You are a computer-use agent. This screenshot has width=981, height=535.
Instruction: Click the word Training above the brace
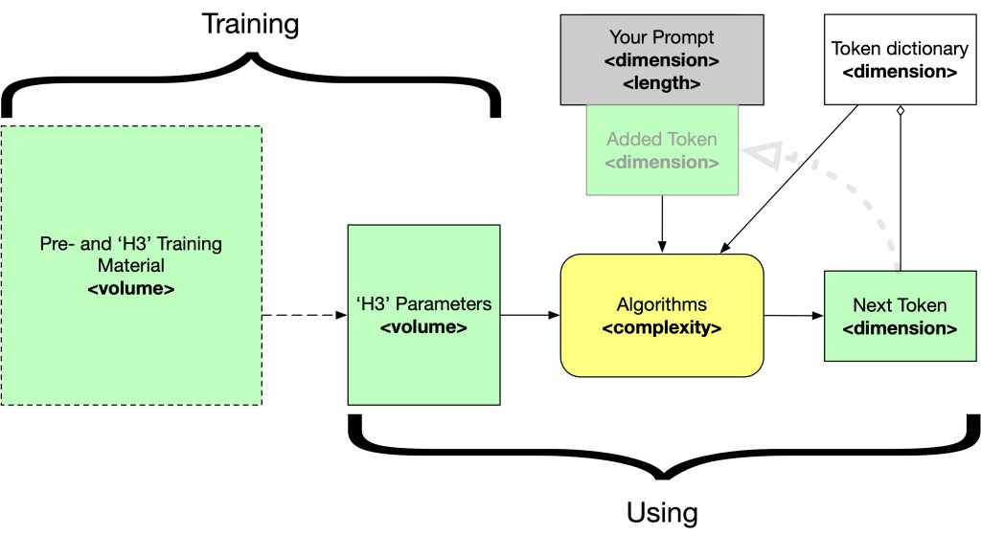[250, 24]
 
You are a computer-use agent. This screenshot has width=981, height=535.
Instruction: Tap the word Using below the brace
[662, 511]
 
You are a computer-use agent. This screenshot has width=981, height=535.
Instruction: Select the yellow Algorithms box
[662, 315]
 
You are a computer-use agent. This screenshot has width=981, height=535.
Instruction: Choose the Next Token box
[900, 315]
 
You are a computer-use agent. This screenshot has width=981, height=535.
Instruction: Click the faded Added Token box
[662, 150]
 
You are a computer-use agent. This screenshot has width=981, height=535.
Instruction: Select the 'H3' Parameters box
[423, 315]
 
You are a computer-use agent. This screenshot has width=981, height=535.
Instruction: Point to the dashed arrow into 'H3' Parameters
[305, 314]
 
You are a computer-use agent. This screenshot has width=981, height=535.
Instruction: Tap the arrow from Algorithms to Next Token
[793, 314]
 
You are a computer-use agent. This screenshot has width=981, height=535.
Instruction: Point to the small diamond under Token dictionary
[899, 112]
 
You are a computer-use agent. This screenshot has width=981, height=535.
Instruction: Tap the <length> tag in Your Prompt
[662, 83]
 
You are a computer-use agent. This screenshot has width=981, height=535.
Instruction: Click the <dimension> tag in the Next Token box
[900, 328]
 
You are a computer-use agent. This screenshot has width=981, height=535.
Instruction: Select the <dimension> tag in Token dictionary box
[900, 71]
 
